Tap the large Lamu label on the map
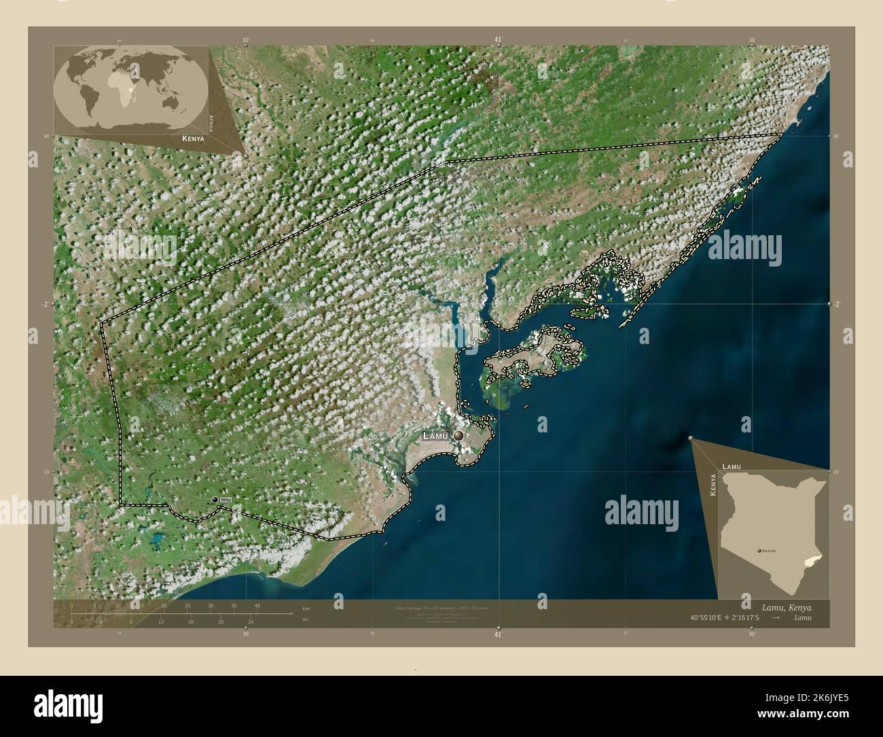436,436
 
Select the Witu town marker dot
215,500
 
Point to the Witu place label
226,500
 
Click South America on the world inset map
92,102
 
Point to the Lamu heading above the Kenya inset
732,467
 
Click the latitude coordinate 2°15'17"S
749,617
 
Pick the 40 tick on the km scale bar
257,605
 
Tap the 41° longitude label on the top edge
498,40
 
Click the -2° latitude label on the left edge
45,304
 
